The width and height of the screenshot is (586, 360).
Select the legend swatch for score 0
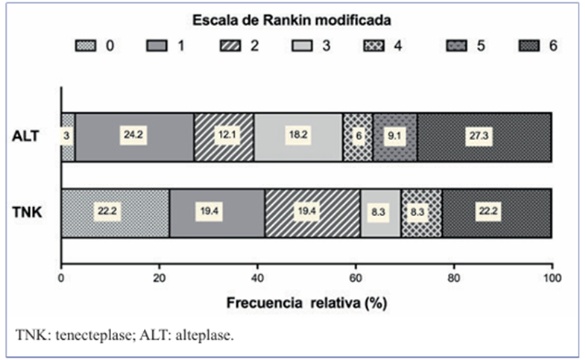[x=86, y=45]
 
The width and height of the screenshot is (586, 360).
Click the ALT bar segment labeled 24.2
[x=134, y=137]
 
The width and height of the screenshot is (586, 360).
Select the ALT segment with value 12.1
[x=224, y=137]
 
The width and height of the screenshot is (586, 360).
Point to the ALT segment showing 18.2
[x=297, y=137]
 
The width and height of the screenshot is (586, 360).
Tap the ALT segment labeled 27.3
[x=484, y=137]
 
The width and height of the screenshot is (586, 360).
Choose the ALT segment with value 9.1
[x=394, y=137]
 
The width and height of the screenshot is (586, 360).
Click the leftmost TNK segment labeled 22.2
[x=115, y=212]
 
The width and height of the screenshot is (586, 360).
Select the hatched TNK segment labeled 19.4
[x=312, y=212]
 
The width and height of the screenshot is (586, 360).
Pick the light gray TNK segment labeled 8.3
[x=380, y=212]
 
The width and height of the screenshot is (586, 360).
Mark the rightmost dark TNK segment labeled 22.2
[x=497, y=212]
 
